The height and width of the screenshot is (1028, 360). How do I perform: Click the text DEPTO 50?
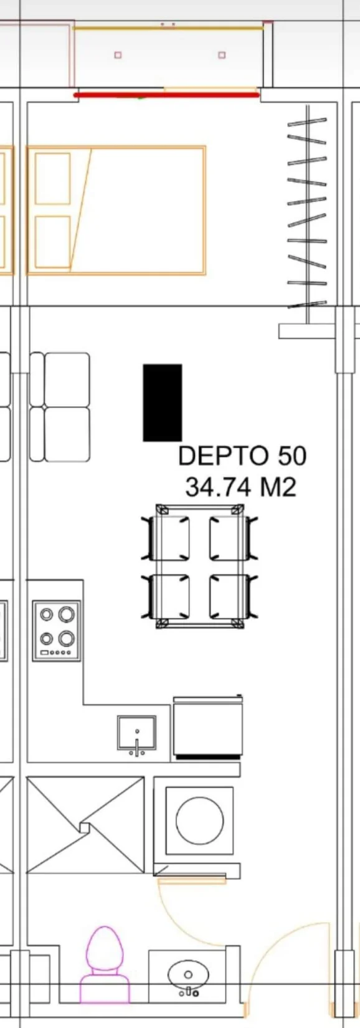[x=242, y=455]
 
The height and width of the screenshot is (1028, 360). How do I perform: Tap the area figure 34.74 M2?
[x=240, y=487]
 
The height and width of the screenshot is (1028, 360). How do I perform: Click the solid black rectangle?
[x=163, y=403]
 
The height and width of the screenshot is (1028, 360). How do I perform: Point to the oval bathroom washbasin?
[x=188, y=974]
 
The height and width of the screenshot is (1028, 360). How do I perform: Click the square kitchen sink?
[x=136, y=733]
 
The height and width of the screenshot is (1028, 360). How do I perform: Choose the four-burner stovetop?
[x=57, y=631]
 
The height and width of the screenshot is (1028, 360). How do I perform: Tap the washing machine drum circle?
[x=200, y=820]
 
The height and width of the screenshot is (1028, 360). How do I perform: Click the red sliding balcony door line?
[x=166, y=95]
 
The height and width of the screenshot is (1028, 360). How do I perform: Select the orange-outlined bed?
[x=116, y=211]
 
